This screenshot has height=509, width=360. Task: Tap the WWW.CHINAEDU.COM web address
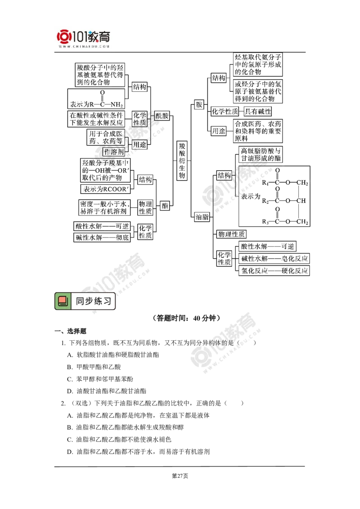84,46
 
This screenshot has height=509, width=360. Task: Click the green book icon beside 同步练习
63,301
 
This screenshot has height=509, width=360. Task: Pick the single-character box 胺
198,105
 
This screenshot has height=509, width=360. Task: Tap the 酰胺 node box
162,116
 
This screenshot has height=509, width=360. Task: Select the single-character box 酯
165,206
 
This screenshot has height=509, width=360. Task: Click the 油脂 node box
201,217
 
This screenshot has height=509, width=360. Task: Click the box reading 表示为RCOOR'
105,189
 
